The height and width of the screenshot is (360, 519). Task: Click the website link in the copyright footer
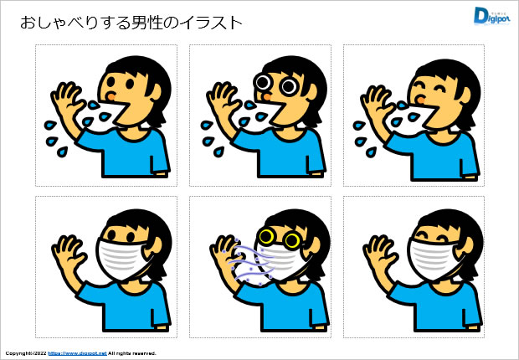coord(77,353)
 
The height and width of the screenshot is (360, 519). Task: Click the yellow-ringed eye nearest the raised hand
coord(267,236)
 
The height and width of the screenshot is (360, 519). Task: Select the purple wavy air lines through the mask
coord(251,262)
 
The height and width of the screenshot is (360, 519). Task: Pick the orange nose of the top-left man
coord(111,96)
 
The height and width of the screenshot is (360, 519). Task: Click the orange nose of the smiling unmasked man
coord(421,100)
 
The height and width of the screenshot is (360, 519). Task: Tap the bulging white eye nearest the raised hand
coord(264,82)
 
